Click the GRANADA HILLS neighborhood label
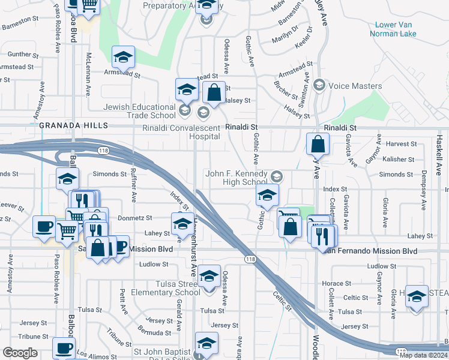(73, 125)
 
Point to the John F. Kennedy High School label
(236, 178)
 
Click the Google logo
(20, 353)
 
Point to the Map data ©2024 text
(423, 355)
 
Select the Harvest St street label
(402, 144)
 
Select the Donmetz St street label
(135, 218)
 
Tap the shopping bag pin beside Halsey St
(214, 92)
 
